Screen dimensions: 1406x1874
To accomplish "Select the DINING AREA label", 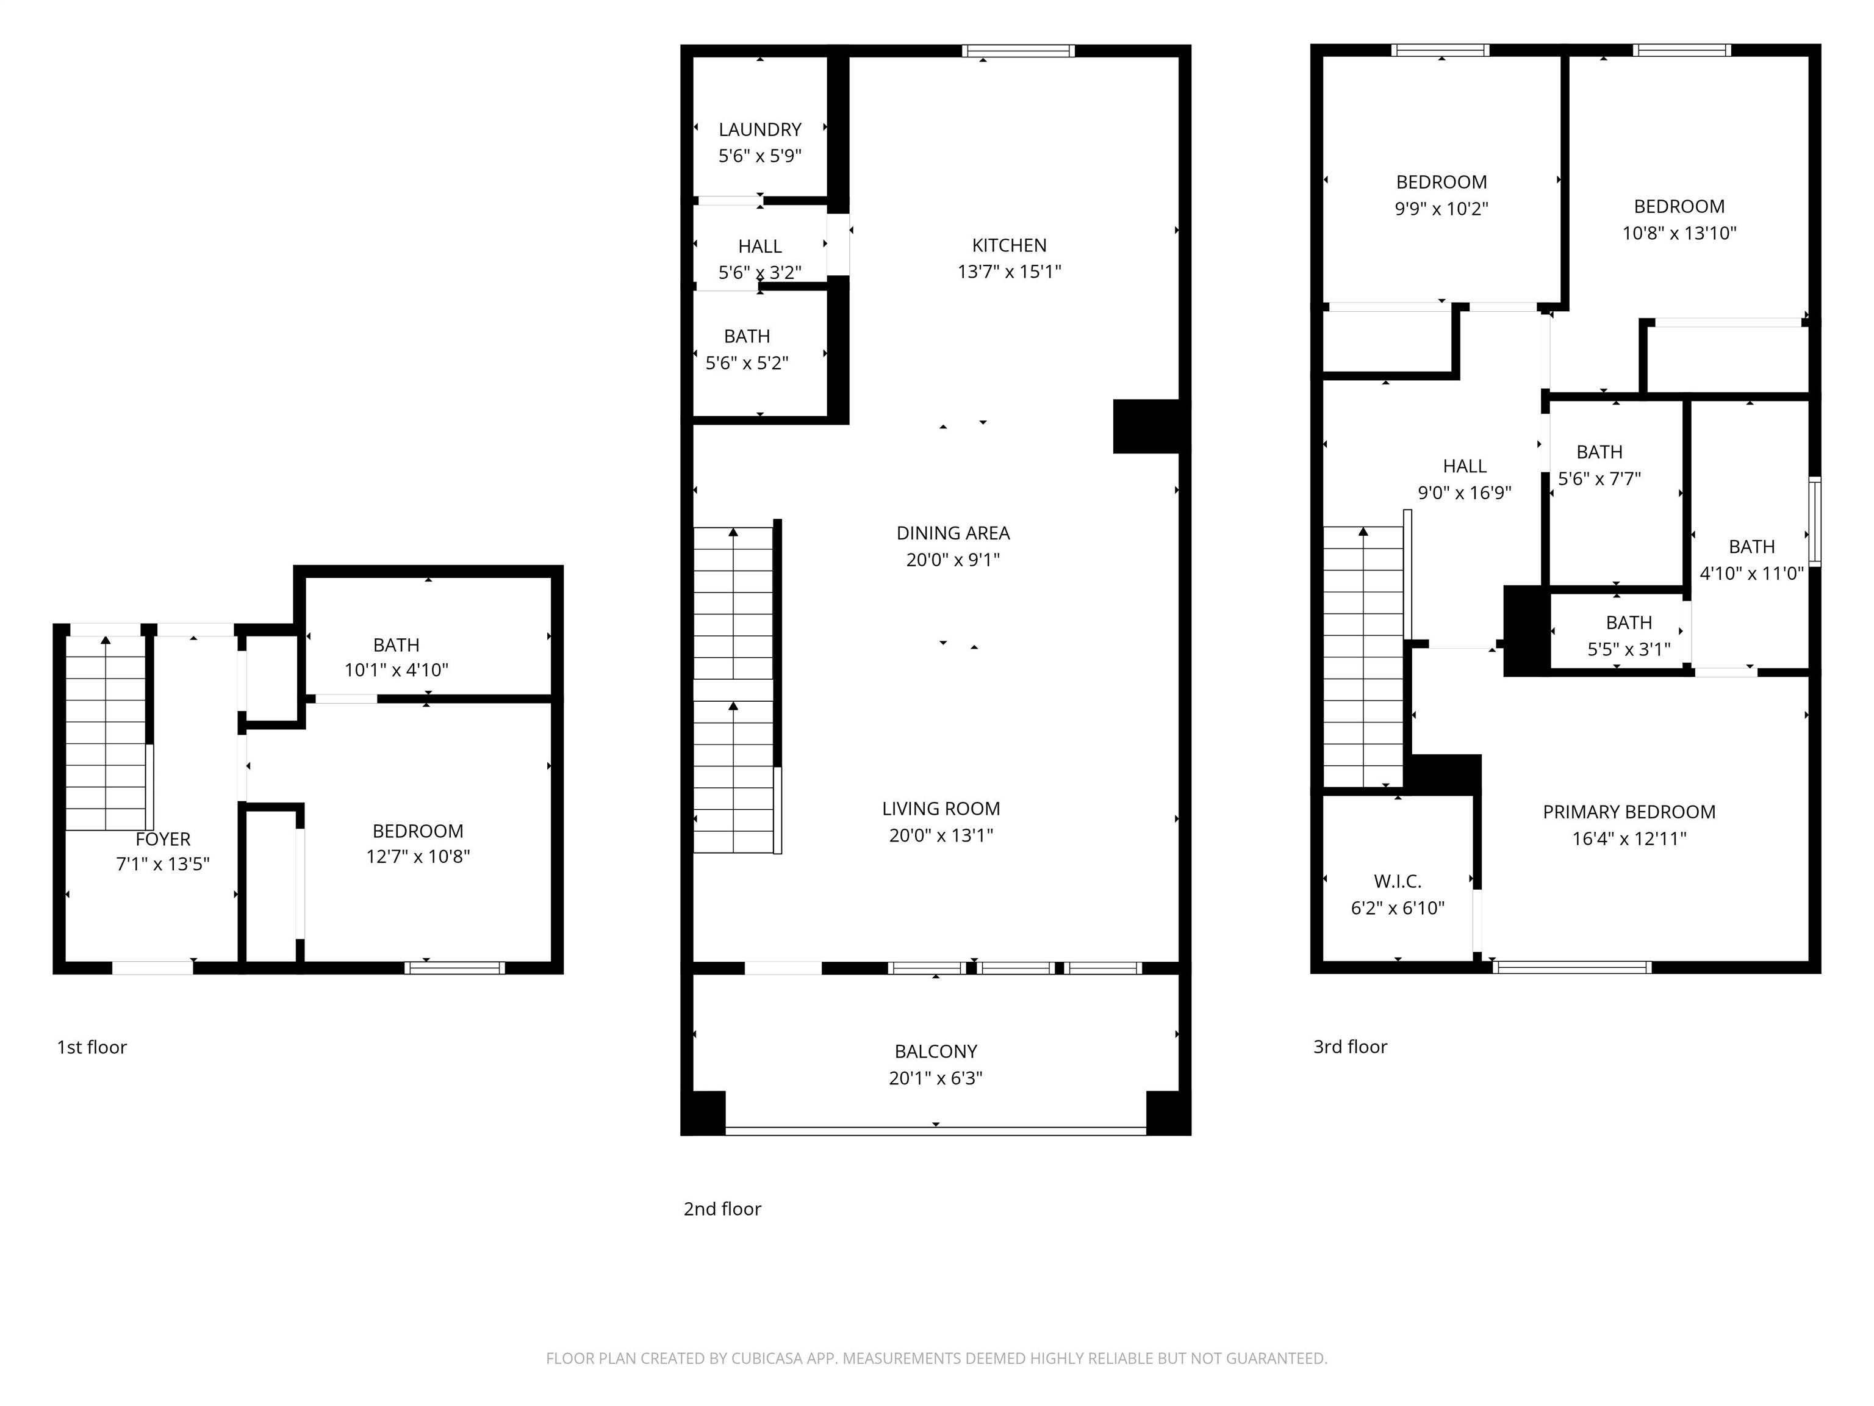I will [952, 533].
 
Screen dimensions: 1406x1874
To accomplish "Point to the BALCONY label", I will [935, 1051].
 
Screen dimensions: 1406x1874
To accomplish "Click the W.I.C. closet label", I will [1397, 881].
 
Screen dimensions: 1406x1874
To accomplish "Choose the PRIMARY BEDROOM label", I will [1628, 812].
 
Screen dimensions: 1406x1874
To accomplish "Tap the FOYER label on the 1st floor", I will [163, 839].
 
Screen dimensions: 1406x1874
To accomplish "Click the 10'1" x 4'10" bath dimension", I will [396, 671].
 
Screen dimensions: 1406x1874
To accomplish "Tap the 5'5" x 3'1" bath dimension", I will [1628, 649].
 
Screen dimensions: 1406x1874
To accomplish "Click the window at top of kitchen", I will [1018, 51].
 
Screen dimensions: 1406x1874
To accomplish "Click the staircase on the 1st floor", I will [106, 733].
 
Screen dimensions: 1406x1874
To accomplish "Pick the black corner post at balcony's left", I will [704, 1112].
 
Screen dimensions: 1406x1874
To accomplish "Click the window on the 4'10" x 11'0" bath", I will [1815, 522].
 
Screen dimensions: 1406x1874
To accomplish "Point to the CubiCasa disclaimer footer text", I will [936, 1358].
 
